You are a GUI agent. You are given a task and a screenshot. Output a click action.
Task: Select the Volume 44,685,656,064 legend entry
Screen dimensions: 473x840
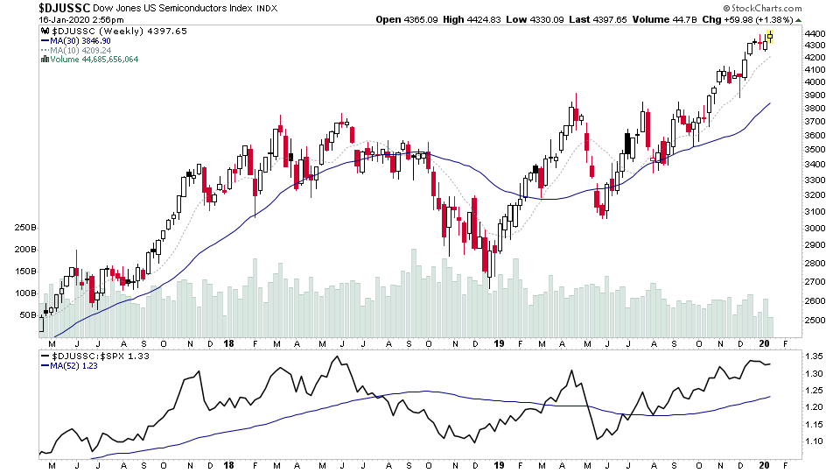point(95,60)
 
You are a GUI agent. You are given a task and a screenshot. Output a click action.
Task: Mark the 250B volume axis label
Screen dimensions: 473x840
point(24,228)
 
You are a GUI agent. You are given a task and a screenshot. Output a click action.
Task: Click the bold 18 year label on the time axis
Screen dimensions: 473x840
point(227,345)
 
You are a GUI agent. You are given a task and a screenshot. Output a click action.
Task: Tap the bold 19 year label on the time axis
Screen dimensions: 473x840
point(497,345)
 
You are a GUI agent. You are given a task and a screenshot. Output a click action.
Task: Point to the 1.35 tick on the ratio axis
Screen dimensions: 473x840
point(815,357)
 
